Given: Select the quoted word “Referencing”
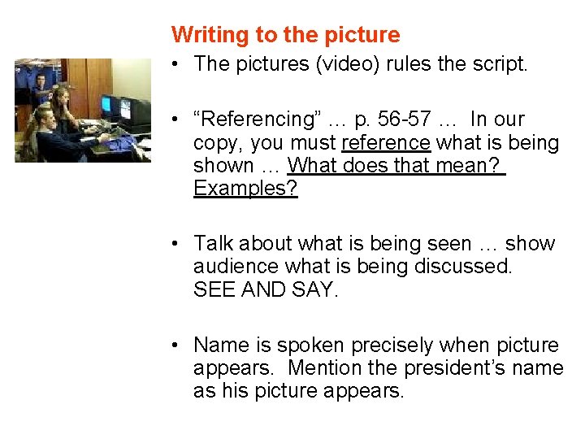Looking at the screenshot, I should point(252,120).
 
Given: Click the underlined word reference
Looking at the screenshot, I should point(386,143).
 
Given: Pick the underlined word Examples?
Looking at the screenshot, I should point(245,189).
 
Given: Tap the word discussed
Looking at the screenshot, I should point(468,267).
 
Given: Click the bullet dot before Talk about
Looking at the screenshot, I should point(176,244).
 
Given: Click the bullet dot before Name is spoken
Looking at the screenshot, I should point(176,346).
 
